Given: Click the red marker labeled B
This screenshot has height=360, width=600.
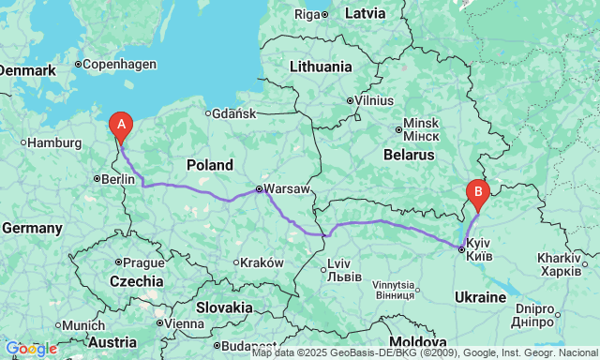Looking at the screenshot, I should tap(478, 194).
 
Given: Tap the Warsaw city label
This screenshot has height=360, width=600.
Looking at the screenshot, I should tap(287, 189).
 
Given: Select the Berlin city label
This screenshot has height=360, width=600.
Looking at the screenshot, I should tap(117, 179).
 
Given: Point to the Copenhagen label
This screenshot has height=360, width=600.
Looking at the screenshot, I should tap(119, 65).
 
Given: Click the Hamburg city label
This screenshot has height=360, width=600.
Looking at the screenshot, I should tap(55, 142).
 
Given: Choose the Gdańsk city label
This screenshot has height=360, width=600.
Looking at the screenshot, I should tap(234, 113).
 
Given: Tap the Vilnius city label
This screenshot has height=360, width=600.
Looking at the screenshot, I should tap(374, 100).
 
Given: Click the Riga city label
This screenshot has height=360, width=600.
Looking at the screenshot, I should tap(307, 14).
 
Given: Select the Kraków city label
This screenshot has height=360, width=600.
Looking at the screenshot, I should tap(260, 262).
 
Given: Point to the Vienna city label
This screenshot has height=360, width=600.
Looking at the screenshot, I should tap(184, 323).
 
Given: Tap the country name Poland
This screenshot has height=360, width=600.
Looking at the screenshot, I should tap(209, 165).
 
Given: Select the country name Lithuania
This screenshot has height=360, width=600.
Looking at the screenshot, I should tap(320, 67).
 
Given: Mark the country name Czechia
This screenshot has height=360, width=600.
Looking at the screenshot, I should tap(137, 281).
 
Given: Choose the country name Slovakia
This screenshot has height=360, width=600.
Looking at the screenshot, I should tap(224, 307).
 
